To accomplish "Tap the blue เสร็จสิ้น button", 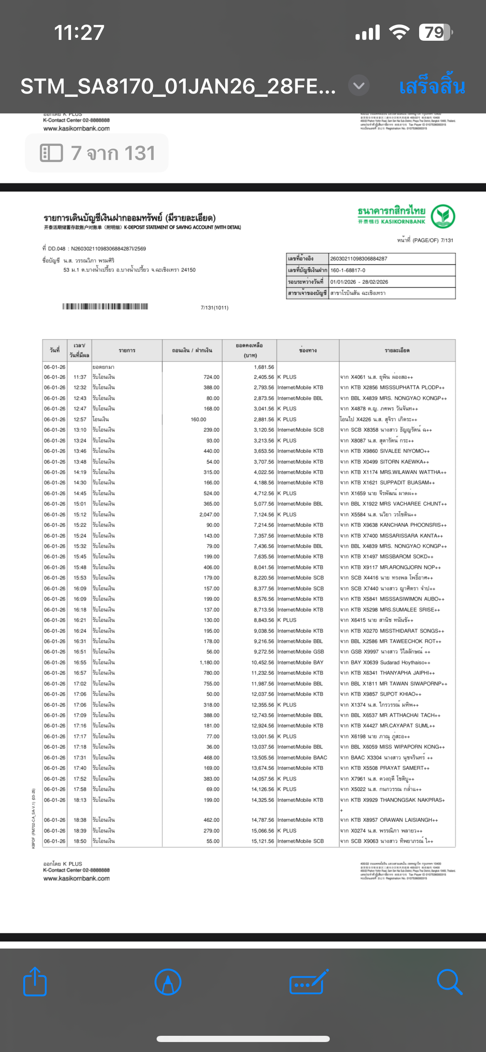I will coord(432,86).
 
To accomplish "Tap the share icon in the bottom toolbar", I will coord(35,982).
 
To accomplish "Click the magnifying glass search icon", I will coord(449,982).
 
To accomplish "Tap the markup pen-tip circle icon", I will coord(168,982).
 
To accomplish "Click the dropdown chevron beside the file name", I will coord(358,86).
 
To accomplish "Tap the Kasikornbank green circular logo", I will coord(443,216).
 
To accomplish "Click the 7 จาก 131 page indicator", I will coord(97,153).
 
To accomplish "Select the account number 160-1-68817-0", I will coord(348,270).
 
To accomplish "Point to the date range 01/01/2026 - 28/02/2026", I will coord(359,282).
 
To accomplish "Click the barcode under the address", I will coord(105,307).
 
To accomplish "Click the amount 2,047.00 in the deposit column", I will coord(209,514).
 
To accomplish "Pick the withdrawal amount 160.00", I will coord(199,419).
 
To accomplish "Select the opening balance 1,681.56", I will coord(264,367).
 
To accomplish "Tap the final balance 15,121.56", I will coord(263,841).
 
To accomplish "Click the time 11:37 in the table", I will coord(80,377).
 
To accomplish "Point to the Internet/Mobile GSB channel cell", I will coord(301,651).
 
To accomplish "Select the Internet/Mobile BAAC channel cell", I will coord(302,757).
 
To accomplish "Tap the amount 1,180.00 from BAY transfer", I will coord(209,662).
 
